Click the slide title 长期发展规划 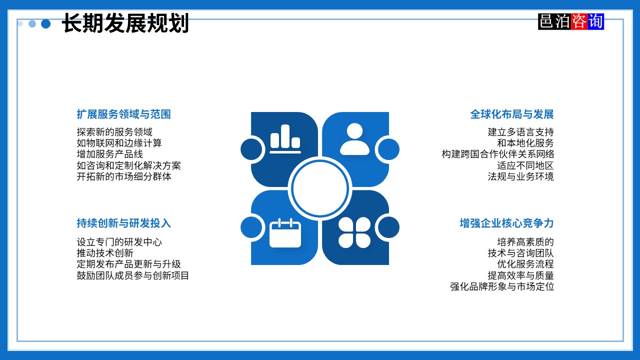coord(125,23)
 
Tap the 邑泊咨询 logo coord(571,21)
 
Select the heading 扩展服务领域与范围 coord(123,114)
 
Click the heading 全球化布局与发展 coord(511,114)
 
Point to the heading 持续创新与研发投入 coord(123,223)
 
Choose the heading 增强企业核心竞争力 coord(506,223)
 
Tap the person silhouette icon coord(354,139)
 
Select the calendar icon coord(285,232)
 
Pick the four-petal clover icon coord(354,232)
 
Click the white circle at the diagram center coord(320,188)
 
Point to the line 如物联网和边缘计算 coord(119,143)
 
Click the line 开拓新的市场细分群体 coord(124,176)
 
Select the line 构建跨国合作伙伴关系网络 coord(497,154)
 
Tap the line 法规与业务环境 coord(520,176)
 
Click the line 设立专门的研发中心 coord(119,242)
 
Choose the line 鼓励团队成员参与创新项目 coord(132,275)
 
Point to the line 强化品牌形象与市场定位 coord(502,286)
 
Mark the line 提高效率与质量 coord(520,275)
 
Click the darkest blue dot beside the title coord(46,23)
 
